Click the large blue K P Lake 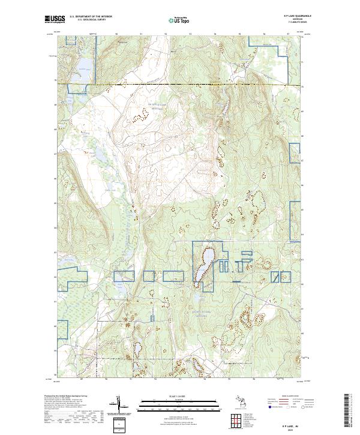tap(203, 264)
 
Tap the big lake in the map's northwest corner tap(83, 67)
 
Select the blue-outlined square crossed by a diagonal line tap(126, 275)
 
